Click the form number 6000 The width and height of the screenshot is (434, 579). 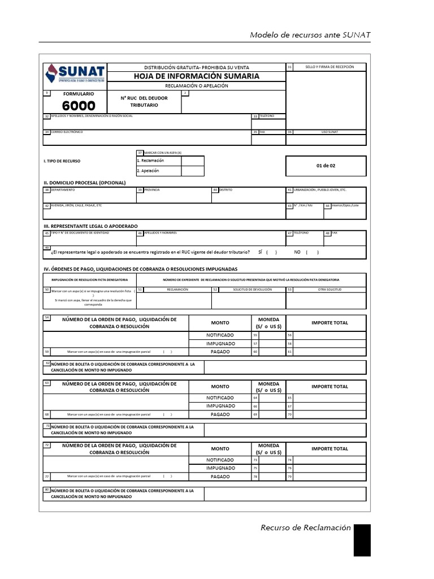tap(79, 106)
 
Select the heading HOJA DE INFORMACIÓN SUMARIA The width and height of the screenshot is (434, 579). tap(196, 76)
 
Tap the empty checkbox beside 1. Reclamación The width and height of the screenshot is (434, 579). tap(193, 161)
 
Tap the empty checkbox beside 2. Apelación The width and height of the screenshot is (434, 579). tap(193, 171)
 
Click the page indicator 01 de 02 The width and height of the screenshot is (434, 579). tap(325, 166)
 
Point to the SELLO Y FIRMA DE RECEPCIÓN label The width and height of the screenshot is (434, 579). tap(329, 67)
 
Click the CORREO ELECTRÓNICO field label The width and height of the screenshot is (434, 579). tap(67, 132)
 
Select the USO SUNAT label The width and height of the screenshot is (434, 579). tap(329, 132)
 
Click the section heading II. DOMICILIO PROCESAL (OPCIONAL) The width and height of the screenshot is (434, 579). tap(84, 183)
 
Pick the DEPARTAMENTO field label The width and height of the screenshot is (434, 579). tap(63, 190)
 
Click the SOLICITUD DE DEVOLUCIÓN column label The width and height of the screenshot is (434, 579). tap(253, 289)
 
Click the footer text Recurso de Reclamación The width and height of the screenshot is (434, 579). tap(306, 528)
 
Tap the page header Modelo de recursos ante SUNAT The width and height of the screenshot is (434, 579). tap(310, 35)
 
